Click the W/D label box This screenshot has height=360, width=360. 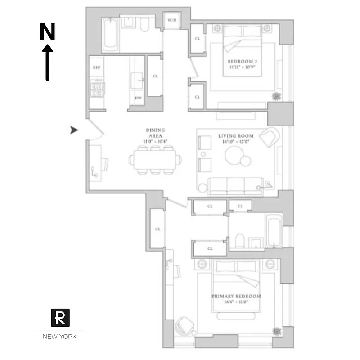point(172,21)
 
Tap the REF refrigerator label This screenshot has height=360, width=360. point(96,67)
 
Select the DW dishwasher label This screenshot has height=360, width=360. point(138,98)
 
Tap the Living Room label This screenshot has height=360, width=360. point(236,135)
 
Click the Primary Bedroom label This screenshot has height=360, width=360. point(236,297)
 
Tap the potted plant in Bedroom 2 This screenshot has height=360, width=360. point(276,96)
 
